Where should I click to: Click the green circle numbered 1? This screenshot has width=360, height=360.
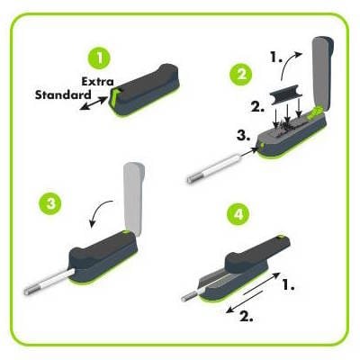click(x=99, y=58)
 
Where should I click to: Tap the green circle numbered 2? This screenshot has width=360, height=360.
click(x=241, y=74)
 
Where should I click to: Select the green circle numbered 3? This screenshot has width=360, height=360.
click(x=50, y=203)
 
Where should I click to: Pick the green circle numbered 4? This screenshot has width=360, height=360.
click(x=238, y=213)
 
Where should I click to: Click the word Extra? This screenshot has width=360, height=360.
click(x=98, y=82)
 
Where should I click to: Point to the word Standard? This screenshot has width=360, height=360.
click(x=63, y=94)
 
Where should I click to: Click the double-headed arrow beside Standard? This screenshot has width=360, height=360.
click(x=94, y=103)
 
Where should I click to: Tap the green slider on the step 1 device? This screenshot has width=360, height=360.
click(x=116, y=97)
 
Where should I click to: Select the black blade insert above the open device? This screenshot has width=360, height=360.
click(x=286, y=98)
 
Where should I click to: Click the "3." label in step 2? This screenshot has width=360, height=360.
click(x=243, y=136)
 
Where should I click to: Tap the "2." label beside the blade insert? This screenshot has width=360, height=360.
click(x=257, y=106)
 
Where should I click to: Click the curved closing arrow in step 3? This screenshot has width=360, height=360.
click(x=101, y=212)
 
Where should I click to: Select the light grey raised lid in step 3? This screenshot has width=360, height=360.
click(x=132, y=198)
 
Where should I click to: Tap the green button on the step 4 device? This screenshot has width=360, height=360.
click(x=281, y=238)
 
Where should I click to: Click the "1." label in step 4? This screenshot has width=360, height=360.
click(x=289, y=285)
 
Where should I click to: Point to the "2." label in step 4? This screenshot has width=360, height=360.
click(x=247, y=316)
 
